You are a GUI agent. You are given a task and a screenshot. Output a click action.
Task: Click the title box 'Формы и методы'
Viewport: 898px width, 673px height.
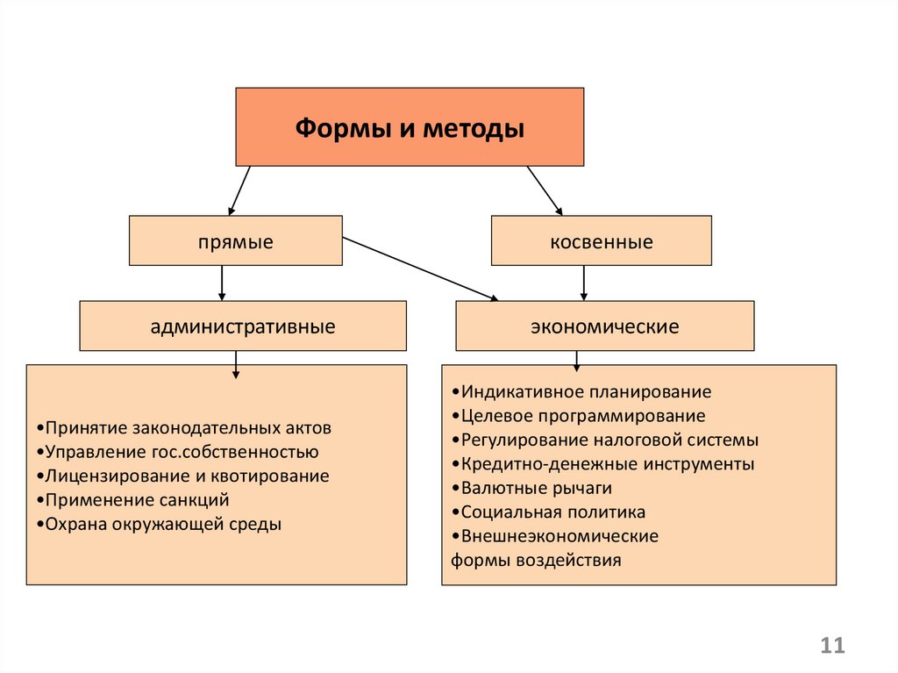coord(410,126)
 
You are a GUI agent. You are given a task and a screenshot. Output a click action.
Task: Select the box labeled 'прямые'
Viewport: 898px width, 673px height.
coord(235,240)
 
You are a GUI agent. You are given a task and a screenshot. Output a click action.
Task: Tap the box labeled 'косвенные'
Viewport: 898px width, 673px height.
coord(602,240)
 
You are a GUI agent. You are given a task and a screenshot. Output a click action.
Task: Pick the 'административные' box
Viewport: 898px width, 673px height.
coord(243,326)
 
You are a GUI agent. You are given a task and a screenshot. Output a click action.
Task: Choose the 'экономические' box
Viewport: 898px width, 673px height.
coord(605,326)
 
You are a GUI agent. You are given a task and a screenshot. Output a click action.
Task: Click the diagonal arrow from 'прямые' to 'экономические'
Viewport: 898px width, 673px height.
coord(420,268)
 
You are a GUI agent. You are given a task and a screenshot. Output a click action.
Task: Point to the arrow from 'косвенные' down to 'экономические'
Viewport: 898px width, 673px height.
coord(583,283)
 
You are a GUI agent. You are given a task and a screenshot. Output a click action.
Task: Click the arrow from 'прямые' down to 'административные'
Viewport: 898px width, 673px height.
coord(222,283)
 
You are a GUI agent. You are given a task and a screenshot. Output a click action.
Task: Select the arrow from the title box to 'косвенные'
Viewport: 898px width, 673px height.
coord(545,191)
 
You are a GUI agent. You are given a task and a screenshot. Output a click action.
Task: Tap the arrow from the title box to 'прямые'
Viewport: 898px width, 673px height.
coord(239,191)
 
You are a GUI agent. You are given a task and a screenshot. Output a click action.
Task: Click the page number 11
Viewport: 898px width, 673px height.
coord(833,646)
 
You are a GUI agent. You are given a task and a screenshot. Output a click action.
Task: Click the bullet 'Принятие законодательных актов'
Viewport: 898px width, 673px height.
coord(184,427)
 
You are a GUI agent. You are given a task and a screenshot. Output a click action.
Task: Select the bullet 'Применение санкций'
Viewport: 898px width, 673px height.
coord(133,500)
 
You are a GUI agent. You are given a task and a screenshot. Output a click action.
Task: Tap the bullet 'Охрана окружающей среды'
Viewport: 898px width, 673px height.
coord(159,524)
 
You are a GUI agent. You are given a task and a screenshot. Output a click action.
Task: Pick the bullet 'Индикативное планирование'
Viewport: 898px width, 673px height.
coord(581,391)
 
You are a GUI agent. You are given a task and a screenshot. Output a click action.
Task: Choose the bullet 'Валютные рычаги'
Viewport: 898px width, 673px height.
coord(531,488)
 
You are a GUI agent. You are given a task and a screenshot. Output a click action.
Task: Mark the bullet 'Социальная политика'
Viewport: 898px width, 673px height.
coord(548,512)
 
